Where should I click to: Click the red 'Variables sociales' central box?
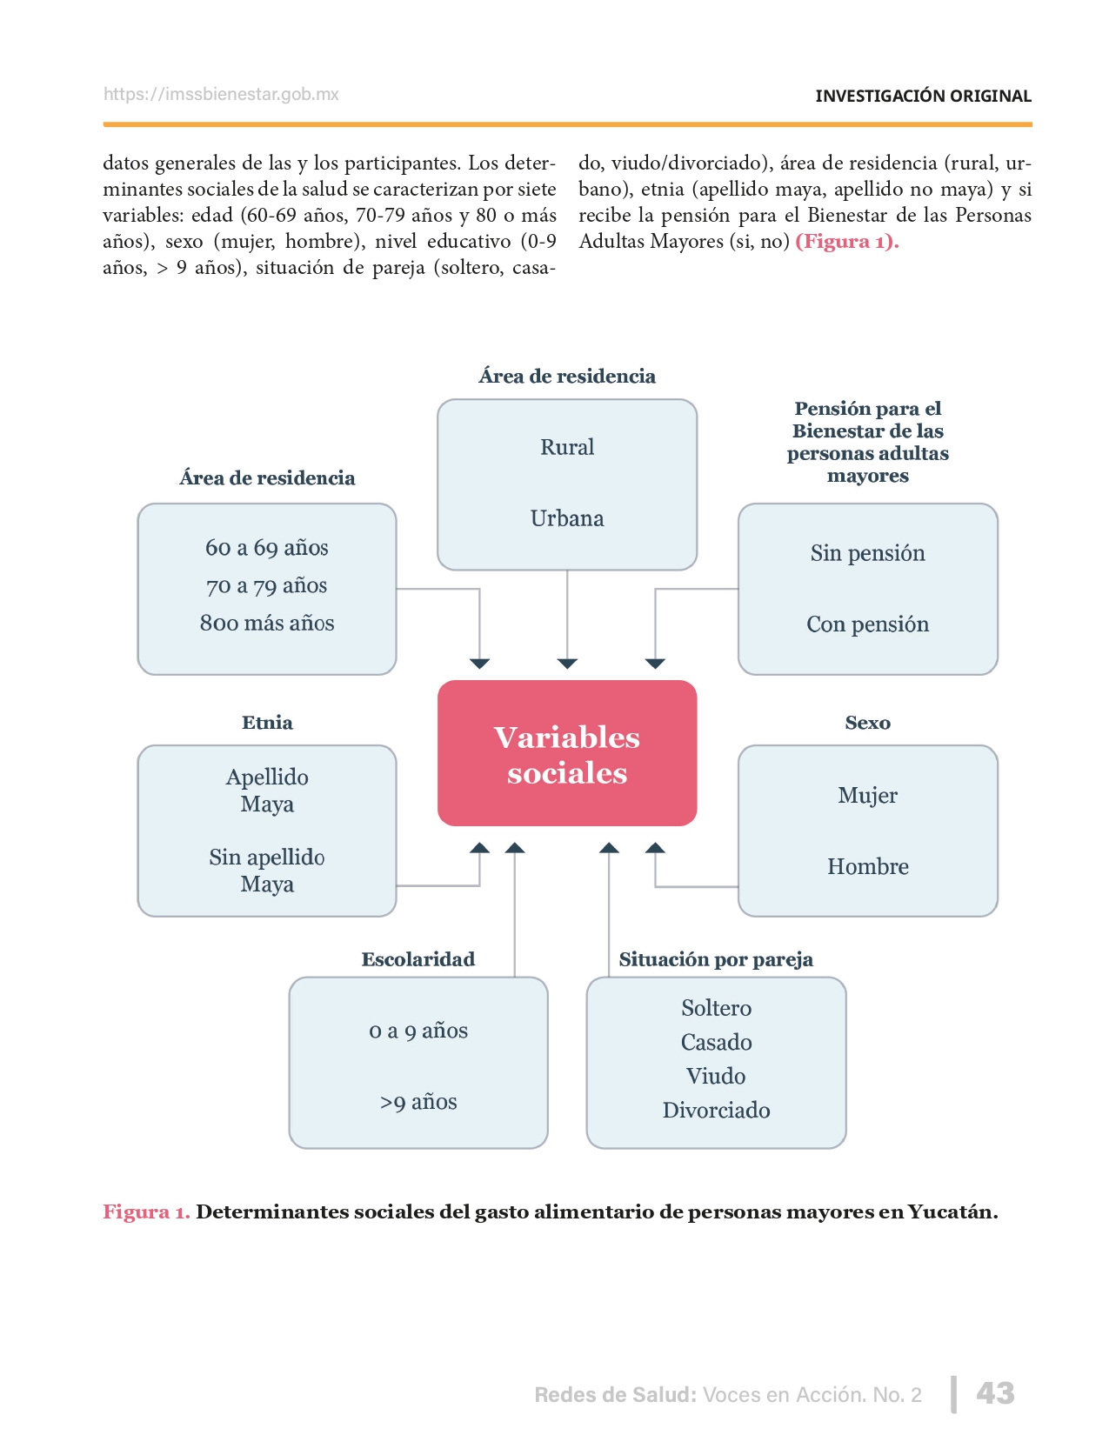coord(567,753)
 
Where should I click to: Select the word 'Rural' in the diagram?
coord(567,447)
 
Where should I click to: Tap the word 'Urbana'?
coord(567,518)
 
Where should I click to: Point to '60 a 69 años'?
coord(267,548)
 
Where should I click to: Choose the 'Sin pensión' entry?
coord(867,553)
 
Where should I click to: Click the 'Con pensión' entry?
coord(867,624)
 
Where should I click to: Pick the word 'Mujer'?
coord(867,795)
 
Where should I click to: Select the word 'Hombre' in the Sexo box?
coord(867,866)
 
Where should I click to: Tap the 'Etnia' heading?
coord(267,723)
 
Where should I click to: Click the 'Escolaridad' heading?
coord(418,959)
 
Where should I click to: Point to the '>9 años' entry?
coord(418,1102)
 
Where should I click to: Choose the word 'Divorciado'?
coord(716,1110)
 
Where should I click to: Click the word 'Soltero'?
coord(716,1008)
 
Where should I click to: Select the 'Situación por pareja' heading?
coord(716,959)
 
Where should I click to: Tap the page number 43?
coord(995,1393)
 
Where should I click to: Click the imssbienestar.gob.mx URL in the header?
coord(221,94)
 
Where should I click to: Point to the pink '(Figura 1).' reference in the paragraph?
coord(846,241)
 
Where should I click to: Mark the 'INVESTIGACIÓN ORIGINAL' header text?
coord(923,96)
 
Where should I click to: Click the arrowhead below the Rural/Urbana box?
coord(567,664)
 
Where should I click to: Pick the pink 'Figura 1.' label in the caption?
coord(146,1211)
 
